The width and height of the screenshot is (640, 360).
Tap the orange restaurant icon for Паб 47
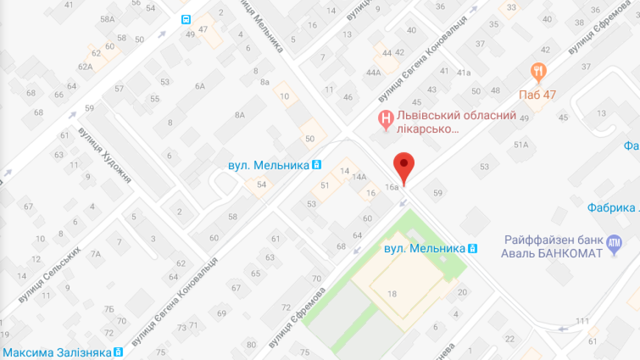pos(538,73)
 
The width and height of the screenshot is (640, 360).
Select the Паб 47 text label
pos(537,94)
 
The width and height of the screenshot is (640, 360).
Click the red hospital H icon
pos(385,119)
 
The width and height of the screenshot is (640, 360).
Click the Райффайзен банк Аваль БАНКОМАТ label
pos(553,247)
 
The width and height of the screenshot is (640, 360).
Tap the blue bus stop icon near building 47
pos(186,19)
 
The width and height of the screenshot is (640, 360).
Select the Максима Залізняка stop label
pos(57,352)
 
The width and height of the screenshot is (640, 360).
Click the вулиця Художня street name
pos(104,155)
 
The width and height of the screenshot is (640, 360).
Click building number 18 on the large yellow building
pos(392,293)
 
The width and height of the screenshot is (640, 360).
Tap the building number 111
pos(582,320)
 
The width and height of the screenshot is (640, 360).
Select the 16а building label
pos(391,187)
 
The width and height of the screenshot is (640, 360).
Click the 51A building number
pos(521,145)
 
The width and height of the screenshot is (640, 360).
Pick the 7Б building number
pos(109,309)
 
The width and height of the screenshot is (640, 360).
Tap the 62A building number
pos(85,66)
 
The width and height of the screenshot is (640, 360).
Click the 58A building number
pos(107,19)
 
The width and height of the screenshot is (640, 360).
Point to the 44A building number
pos(373,72)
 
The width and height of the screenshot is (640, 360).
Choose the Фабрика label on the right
pos(613,207)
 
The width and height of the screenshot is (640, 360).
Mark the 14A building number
pos(359,176)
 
